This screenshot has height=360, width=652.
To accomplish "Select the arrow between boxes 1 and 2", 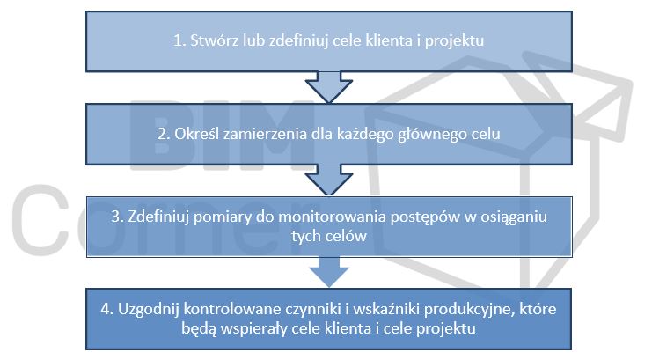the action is tap(329, 87).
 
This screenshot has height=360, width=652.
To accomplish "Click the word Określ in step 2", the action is tap(196, 134).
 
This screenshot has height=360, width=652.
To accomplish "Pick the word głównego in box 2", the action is tap(429, 134).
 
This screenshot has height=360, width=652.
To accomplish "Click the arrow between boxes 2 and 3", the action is tap(329, 180).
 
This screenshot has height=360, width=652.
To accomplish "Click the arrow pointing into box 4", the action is tap(329, 272).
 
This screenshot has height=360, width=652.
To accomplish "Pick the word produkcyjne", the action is tap(469, 310).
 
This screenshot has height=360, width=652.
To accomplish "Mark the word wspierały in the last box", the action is tap(253, 329).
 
